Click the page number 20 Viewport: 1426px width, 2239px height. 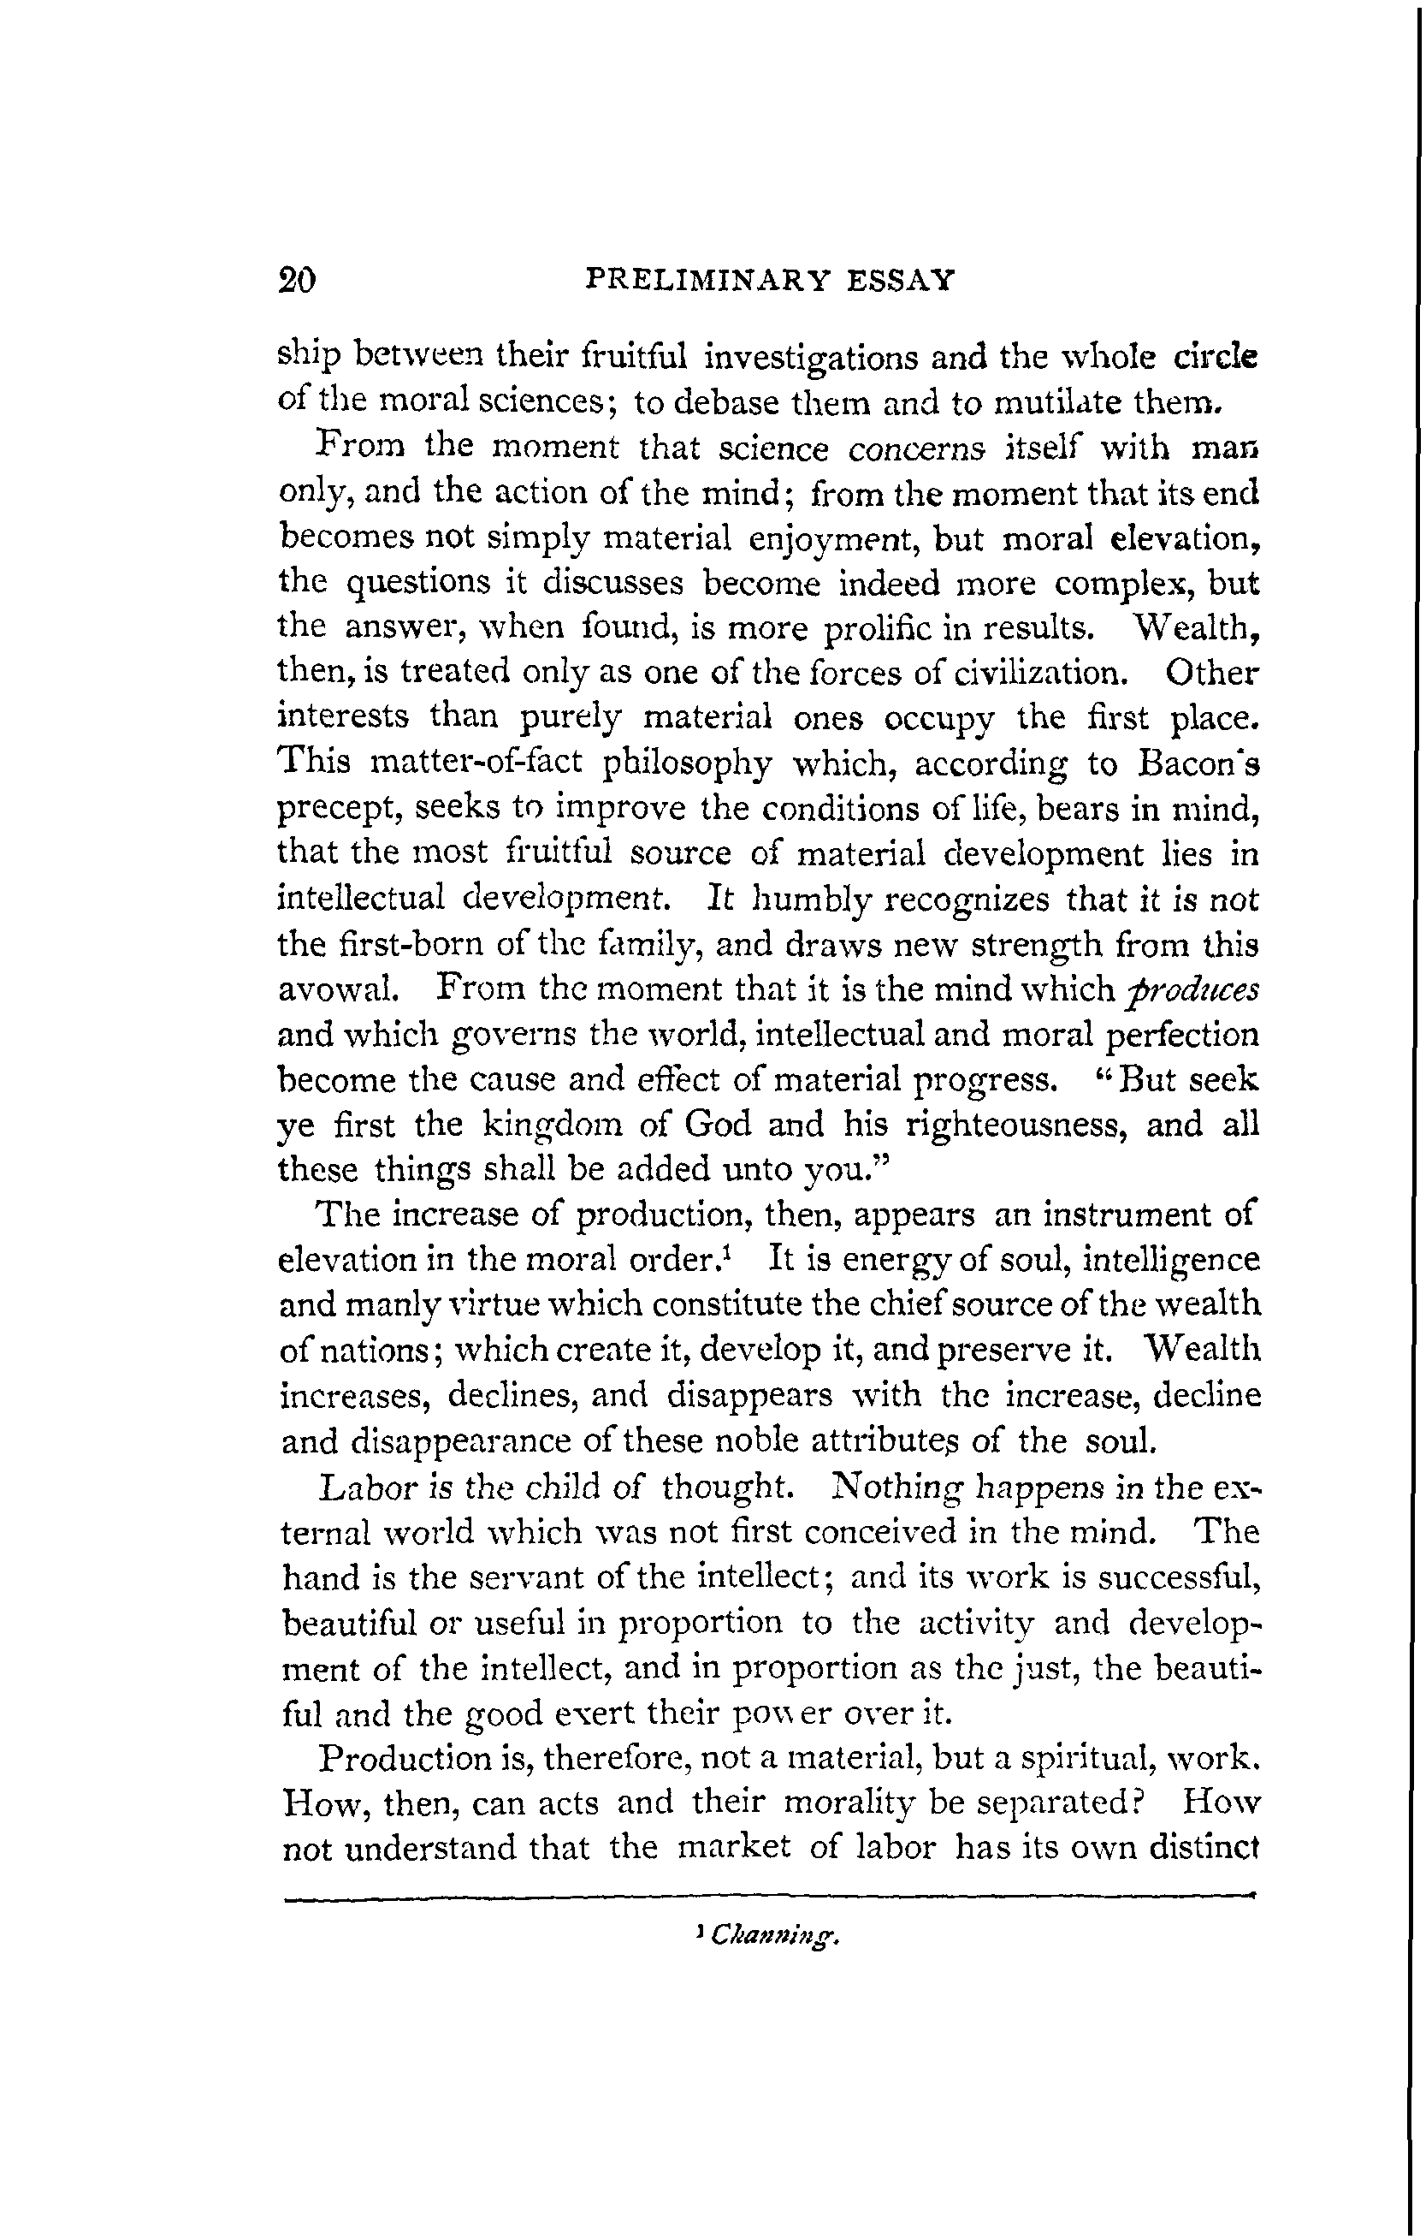pos(298,280)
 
